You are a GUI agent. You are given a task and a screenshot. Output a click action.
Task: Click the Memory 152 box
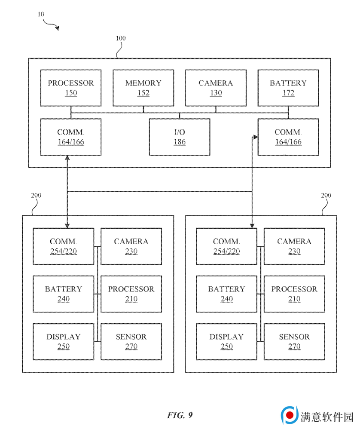(x=143, y=88)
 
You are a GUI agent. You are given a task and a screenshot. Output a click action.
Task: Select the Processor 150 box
(x=71, y=88)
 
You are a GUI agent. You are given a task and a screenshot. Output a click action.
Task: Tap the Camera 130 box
(x=216, y=88)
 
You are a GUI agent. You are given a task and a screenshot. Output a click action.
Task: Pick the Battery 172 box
(x=288, y=88)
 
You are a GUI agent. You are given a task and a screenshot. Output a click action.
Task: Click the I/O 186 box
(x=180, y=137)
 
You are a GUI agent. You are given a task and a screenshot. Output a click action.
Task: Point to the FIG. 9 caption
(x=180, y=415)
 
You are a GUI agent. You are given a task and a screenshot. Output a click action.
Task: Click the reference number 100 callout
(x=121, y=38)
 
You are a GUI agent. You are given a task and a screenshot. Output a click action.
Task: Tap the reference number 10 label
(x=41, y=14)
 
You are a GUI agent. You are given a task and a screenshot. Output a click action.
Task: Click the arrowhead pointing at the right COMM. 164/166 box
(x=255, y=137)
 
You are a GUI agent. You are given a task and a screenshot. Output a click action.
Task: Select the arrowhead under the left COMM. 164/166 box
(x=67, y=158)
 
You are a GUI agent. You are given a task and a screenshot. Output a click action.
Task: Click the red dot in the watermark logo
(x=290, y=415)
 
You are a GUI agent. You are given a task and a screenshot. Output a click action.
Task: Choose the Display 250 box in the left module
(x=64, y=341)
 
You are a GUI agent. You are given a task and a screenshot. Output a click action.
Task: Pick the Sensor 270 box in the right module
(x=294, y=341)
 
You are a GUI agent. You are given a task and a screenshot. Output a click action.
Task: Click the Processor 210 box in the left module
(x=131, y=294)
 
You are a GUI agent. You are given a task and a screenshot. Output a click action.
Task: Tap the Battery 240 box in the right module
(x=226, y=294)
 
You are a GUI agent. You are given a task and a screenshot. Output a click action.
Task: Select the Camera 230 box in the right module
(x=294, y=246)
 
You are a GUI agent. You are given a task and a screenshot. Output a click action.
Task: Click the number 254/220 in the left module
(x=64, y=251)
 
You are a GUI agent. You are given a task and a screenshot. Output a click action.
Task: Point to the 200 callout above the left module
(x=36, y=195)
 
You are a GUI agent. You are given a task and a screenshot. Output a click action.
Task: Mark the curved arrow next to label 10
(x=51, y=25)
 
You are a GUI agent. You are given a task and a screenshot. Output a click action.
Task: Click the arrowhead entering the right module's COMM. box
(x=252, y=226)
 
